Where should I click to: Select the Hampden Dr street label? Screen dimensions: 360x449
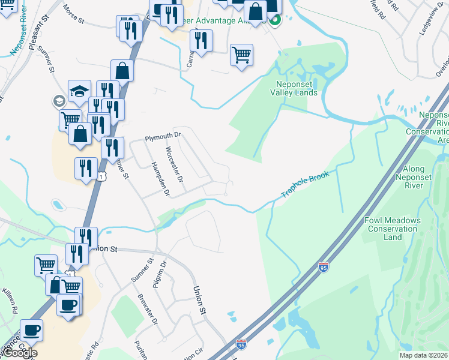pos(160,179)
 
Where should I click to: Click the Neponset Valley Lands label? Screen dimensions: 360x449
pos(293,89)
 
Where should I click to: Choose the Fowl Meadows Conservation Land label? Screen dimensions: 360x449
pos(393,229)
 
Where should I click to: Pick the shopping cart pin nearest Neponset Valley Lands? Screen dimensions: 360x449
pos(241,55)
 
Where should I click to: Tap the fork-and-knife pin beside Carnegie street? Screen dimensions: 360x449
pos(201,41)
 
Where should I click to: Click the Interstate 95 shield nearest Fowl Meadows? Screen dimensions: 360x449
pos(324,267)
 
